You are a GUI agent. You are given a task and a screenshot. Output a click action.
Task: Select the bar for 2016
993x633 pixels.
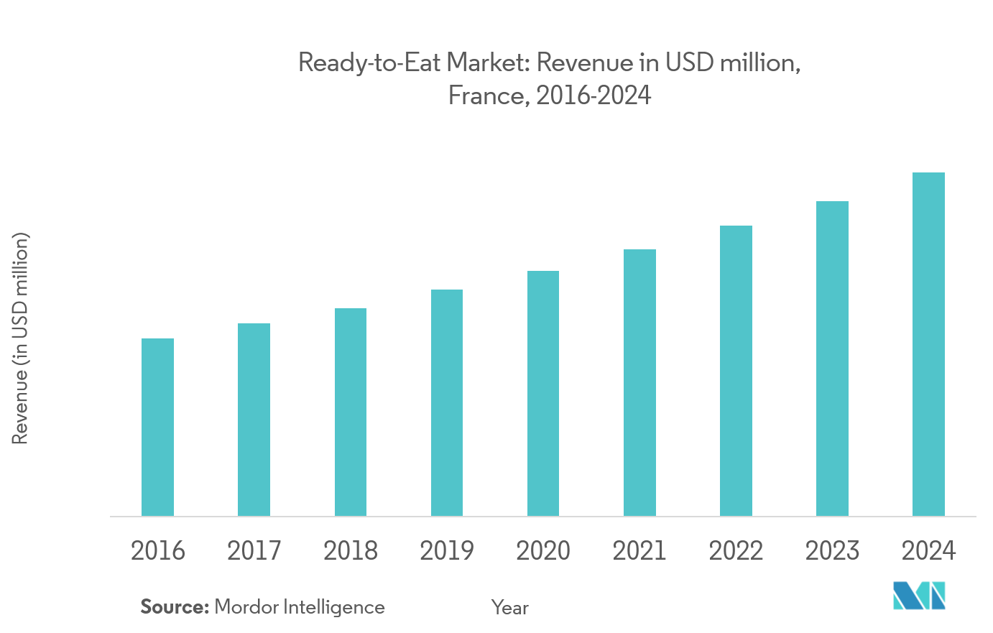157,427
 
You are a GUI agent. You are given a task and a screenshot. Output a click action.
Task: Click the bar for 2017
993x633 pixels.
254,420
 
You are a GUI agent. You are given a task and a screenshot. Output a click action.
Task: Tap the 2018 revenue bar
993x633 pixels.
351,412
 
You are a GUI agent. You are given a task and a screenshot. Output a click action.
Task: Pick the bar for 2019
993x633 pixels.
447,402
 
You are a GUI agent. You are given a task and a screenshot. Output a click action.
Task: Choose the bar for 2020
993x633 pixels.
543,393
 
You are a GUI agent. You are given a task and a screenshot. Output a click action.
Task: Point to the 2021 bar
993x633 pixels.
639,382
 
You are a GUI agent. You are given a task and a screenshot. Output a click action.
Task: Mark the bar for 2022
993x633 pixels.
736,371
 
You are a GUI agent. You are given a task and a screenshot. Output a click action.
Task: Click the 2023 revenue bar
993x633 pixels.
832,359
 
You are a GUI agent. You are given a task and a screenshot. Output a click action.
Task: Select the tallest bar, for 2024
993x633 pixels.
928,344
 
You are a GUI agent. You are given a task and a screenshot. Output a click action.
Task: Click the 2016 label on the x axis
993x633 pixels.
157,551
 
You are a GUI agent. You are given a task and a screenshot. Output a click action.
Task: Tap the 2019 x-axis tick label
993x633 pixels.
447,551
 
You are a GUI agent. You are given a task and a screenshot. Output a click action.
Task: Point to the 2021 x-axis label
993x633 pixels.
639,551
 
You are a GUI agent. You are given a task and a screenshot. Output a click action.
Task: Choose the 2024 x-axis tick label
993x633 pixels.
928,551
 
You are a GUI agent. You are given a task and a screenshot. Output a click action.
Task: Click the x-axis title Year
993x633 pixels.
510,608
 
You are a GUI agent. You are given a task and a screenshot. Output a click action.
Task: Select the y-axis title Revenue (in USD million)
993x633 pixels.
20,338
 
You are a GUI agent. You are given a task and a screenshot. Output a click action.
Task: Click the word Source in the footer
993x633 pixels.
174,607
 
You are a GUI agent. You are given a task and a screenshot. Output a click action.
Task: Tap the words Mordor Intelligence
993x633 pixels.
300,607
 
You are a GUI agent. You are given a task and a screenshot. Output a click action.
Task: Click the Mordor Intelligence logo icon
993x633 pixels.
919,596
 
